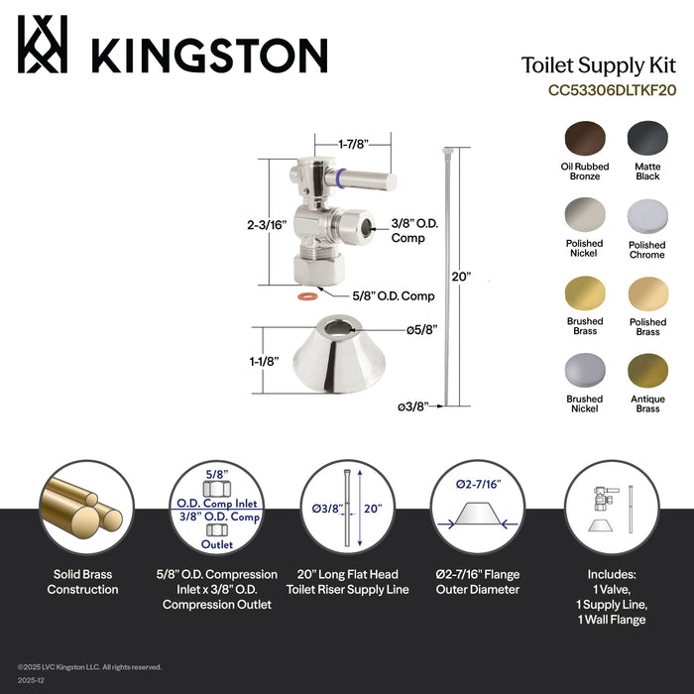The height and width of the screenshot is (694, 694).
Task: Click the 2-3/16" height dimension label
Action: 268,225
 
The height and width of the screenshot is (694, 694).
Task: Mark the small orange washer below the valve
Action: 308,295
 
